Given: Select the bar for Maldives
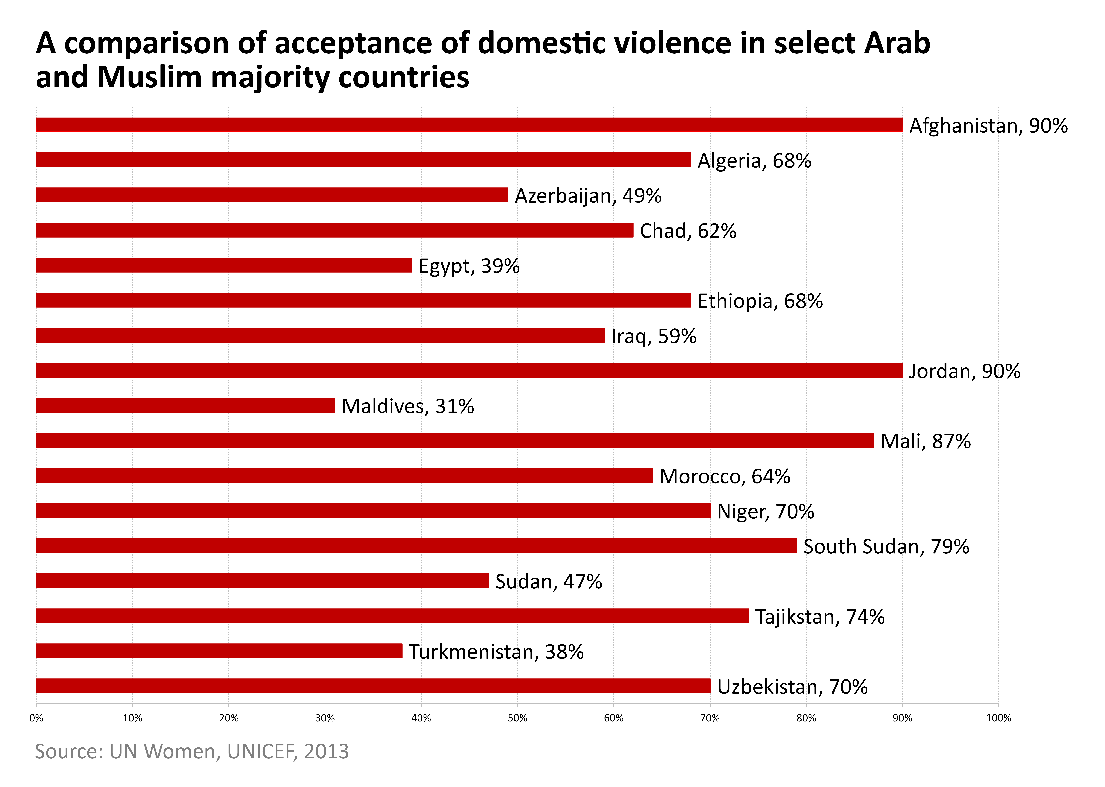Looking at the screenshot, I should (185, 405).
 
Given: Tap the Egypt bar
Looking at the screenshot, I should (224, 265).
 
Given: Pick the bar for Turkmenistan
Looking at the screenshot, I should (219, 651).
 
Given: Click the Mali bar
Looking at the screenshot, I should (455, 441).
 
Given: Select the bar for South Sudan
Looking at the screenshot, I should (416, 546).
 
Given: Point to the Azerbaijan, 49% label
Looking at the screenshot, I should (588, 196).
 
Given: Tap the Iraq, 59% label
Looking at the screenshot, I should (653, 336).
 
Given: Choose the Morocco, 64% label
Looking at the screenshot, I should (724, 476).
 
